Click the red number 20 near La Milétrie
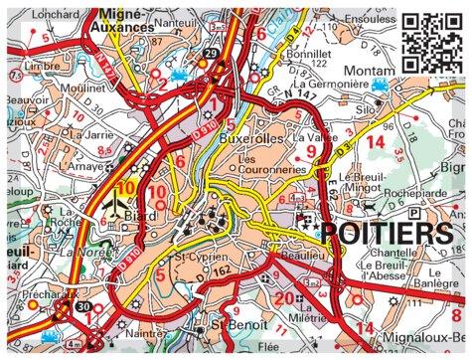click(x=285, y=298)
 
